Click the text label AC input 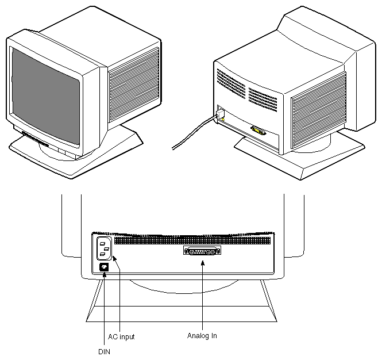click(121, 336)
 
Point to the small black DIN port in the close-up click(104, 267)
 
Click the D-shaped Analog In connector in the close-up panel click(202, 251)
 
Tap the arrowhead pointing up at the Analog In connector click(202, 263)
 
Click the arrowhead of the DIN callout click(103, 274)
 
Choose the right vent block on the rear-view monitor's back click(262, 97)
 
